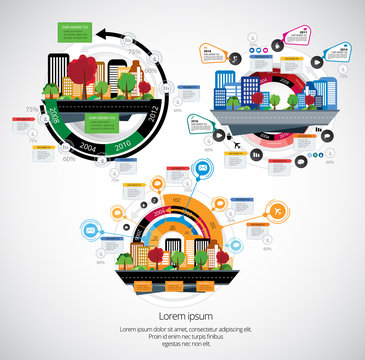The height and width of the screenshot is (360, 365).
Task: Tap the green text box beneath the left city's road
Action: [x=104, y=119]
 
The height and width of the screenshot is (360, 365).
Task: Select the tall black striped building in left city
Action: [x=58, y=72]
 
